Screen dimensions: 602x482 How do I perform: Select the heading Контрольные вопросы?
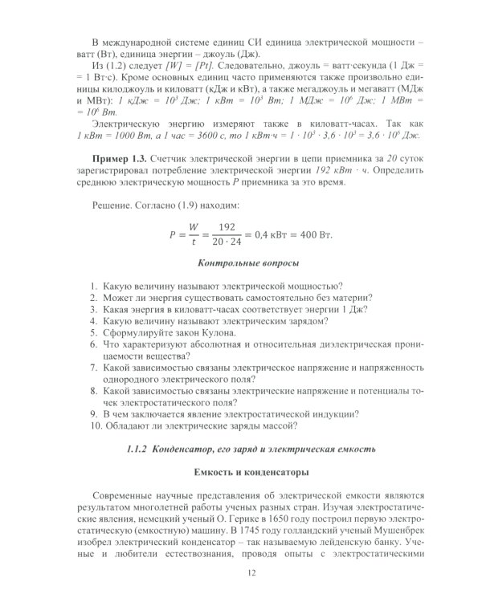[x=249, y=262]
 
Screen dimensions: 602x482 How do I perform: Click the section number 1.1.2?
[x=141, y=446]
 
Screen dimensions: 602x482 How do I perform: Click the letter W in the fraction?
[x=193, y=226]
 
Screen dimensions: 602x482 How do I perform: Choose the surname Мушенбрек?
[x=399, y=531]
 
